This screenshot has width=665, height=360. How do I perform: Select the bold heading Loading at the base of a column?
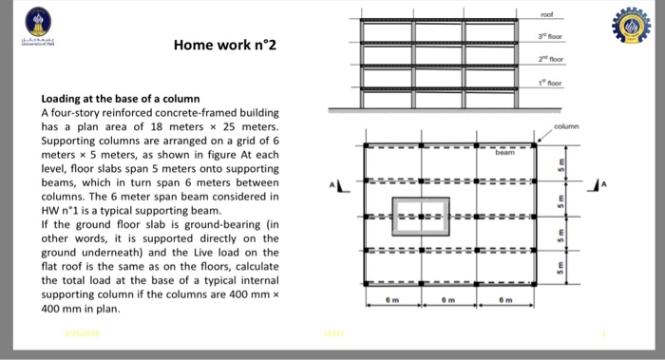pyautogui.click(x=119, y=99)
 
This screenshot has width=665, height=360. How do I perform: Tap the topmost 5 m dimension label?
pyautogui.click(x=560, y=162)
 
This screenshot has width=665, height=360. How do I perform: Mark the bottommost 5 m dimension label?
pyautogui.click(x=560, y=269)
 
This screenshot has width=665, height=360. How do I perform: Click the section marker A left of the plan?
pyautogui.click(x=332, y=185)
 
